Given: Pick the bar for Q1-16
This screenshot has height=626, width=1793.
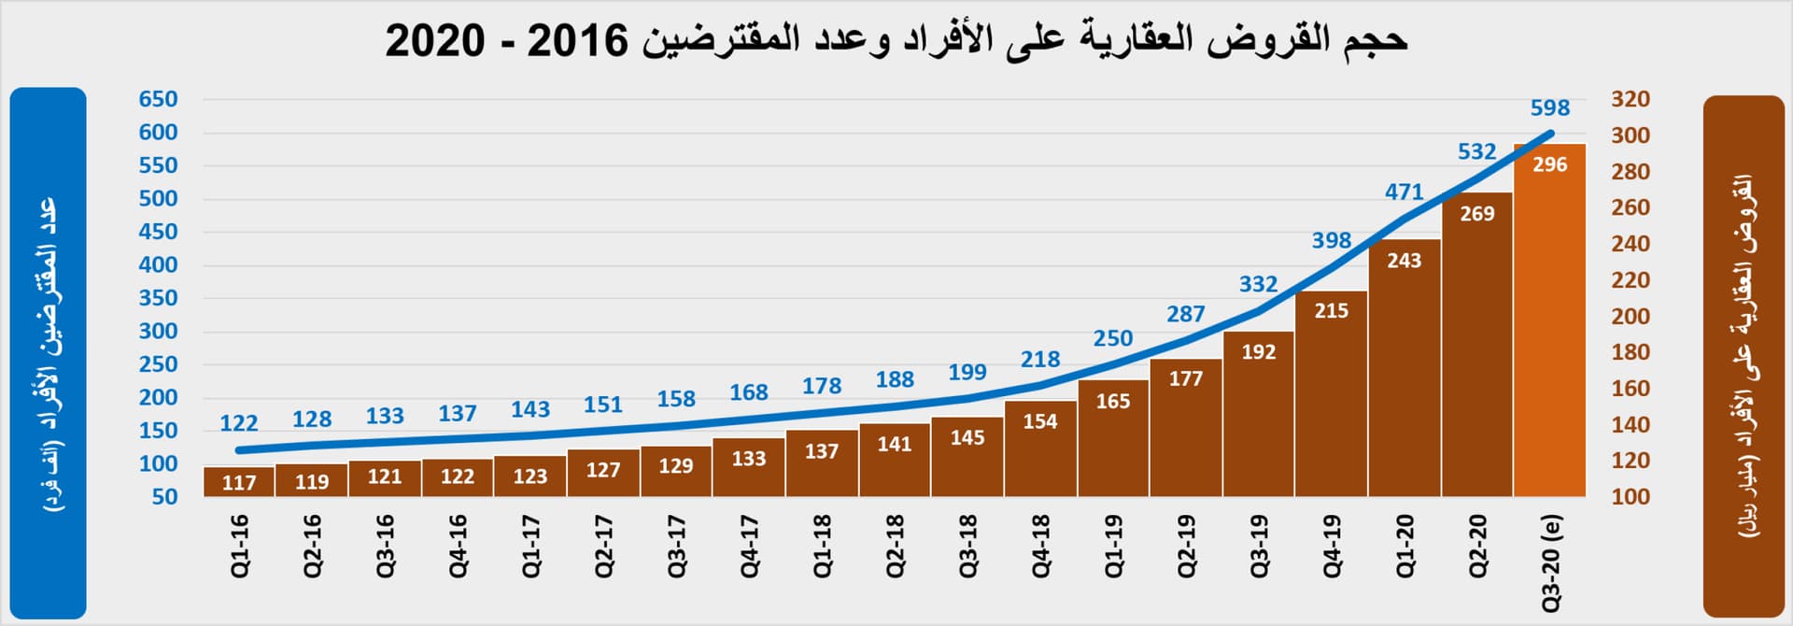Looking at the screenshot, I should pyautogui.click(x=239, y=482).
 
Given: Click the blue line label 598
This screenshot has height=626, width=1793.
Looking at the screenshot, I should pyautogui.click(x=1549, y=108).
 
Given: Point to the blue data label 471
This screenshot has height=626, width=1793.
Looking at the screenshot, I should pyautogui.click(x=1404, y=192).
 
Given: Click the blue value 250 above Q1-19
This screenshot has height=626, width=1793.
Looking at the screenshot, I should pyautogui.click(x=1112, y=338).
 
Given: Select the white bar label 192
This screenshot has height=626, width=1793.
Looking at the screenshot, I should pyautogui.click(x=1258, y=352).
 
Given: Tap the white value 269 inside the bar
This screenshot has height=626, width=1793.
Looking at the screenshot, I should pyautogui.click(x=1476, y=214).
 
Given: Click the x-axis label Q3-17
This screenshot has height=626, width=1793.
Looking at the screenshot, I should pyautogui.click(x=676, y=546).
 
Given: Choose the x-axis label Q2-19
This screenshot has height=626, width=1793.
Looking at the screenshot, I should pyautogui.click(x=1186, y=546).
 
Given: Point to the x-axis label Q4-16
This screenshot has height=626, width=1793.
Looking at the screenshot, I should pyautogui.click(x=458, y=546).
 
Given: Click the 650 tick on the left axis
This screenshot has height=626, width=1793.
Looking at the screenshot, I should pyautogui.click(x=158, y=99).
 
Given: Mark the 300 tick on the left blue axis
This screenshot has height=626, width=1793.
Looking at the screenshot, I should pyautogui.click(x=158, y=332).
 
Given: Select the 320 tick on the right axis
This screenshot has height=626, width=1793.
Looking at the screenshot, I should pyautogui.click(x=1630, y=99).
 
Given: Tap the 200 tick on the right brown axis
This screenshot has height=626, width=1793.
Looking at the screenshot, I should pyautogui.click(x=1630, y=317).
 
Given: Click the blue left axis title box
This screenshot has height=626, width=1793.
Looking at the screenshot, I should pyautogui.click(x=49, y=353).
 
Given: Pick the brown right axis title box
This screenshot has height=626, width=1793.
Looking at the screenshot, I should pyautogui.click(x=1744, y=355).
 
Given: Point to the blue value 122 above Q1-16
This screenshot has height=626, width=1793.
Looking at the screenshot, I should pyautogui.click(x=239, y=423).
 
